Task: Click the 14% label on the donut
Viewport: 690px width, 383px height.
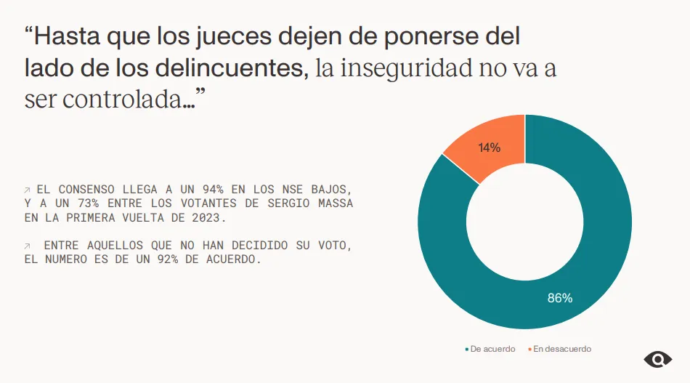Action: [489, 148]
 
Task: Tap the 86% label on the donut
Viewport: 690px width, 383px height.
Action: [559, 298]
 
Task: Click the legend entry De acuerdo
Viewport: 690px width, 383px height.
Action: [492, 349]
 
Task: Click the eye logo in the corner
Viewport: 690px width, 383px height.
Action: [657, 359]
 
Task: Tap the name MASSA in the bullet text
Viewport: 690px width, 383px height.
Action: [335, 203]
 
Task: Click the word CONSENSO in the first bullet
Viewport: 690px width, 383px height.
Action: [89, 189]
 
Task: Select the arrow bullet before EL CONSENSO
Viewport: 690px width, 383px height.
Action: [28, 189]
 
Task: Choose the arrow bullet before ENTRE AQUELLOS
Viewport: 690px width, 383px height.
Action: [28, 246]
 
